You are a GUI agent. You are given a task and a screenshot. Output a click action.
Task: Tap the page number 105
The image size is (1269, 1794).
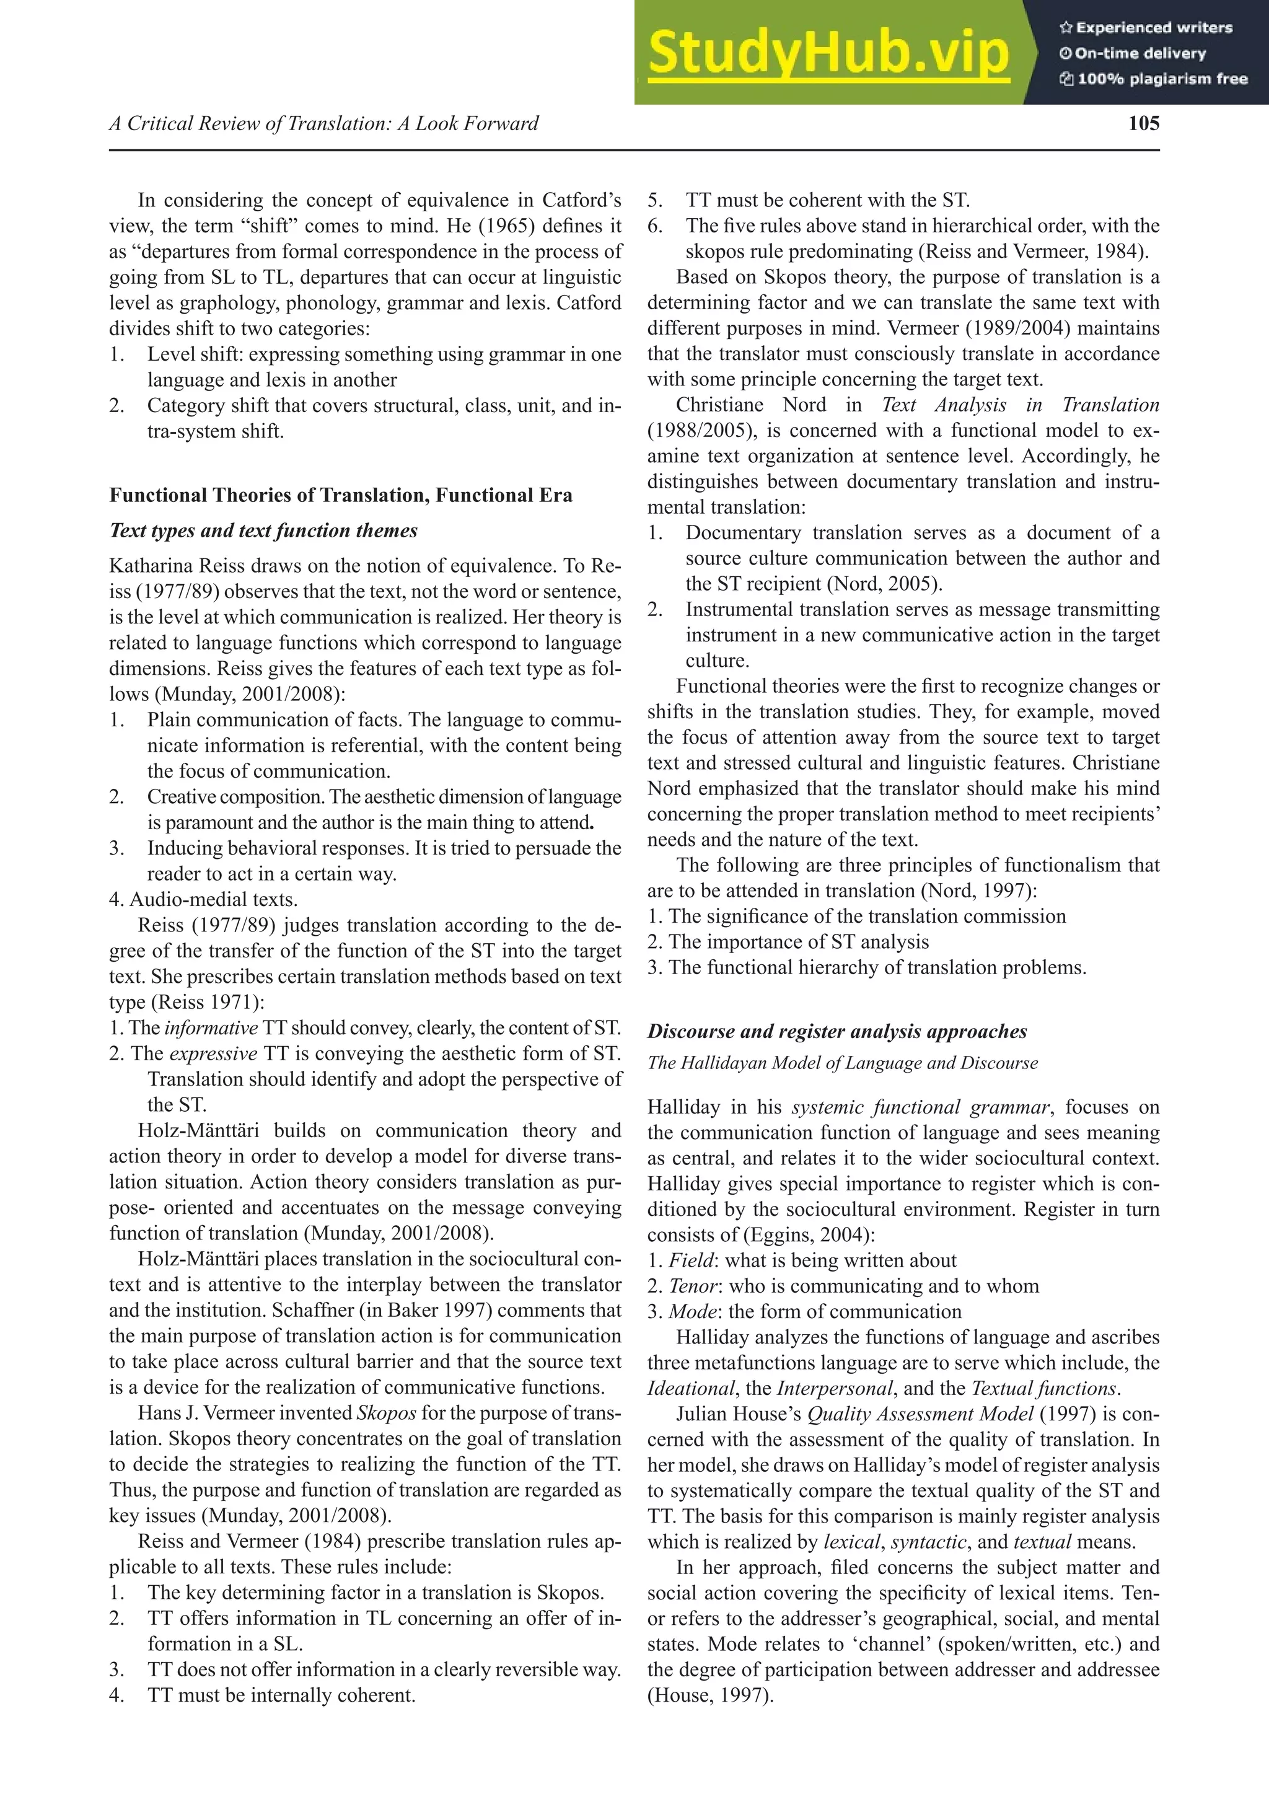pos(1143,123)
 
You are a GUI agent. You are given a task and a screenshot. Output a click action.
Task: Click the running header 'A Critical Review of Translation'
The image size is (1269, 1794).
pos(323,123)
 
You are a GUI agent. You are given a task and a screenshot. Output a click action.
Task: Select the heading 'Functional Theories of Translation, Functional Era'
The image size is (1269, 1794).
pos(341,495)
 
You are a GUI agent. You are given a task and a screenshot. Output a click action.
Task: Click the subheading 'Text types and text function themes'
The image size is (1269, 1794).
pos(263,530)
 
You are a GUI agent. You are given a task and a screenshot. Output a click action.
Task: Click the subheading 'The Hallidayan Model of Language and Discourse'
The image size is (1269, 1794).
pos(842,1063)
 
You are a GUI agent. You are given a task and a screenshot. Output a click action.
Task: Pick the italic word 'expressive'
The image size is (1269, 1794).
pos(213,1054)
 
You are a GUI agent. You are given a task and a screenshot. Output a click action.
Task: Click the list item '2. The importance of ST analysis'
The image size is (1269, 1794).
pos(788,943)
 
